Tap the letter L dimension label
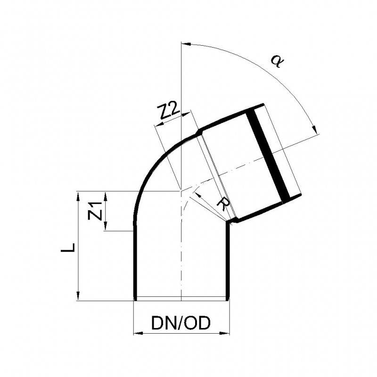68,246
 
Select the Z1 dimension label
96,211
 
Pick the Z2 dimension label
167,112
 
